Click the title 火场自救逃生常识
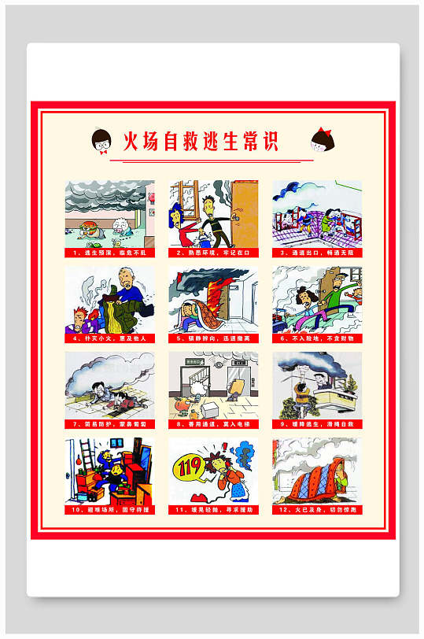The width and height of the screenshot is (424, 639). point(201,142)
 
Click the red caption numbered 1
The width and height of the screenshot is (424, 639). point(109,253)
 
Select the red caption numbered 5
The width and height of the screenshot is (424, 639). point(213,338)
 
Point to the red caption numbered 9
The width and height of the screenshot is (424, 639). point(317,424)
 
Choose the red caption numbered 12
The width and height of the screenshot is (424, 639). point(317,510)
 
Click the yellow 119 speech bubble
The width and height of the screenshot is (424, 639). point(189,466)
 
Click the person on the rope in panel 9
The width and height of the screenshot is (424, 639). point(298,386)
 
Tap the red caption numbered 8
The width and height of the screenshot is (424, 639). point(213,424)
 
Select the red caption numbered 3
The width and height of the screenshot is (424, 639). point(317,253)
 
